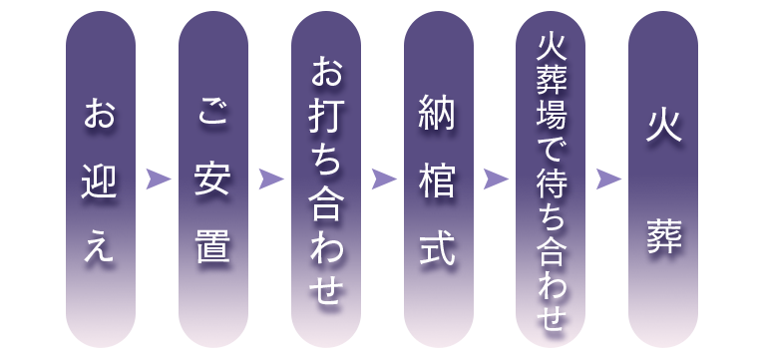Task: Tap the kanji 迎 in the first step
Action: click(x=99, y=180)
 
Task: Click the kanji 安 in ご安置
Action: click(x=211, y=180)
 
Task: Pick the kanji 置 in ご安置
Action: click(x=211, y=246)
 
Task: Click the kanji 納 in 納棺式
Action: click(x=438, y=118)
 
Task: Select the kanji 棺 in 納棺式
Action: click(x=438, y=181)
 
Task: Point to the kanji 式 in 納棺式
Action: click(x=438, y=247)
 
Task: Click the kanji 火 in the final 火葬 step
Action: click(x=663, y=128)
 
